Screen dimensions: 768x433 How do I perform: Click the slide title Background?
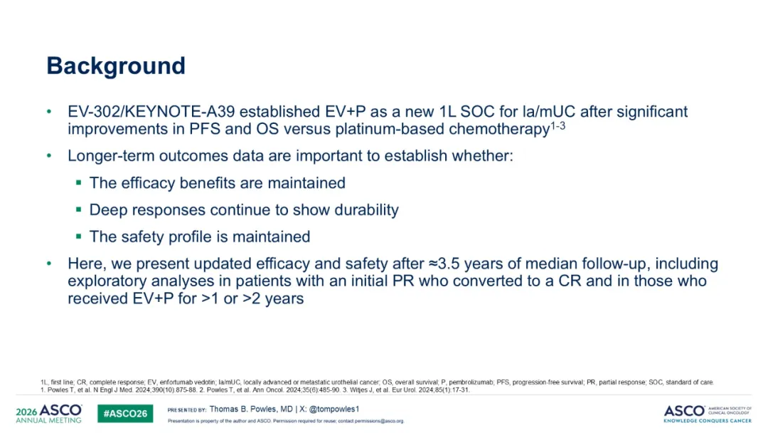116,66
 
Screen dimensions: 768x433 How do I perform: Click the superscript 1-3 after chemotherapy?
558,125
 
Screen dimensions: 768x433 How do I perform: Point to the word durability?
366,210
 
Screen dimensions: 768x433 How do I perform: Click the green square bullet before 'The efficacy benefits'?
79,182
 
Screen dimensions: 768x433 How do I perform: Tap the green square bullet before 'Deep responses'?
79,209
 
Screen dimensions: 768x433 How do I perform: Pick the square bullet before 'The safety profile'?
79,236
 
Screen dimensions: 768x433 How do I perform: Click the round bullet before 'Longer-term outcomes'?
49,156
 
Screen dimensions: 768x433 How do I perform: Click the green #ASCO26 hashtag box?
125,413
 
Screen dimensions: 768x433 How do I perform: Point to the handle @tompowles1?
334,409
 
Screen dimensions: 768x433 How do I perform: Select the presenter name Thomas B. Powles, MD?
251,409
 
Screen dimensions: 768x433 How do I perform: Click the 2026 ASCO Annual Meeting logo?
49,413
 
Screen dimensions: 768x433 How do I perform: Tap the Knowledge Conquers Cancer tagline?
708,420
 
